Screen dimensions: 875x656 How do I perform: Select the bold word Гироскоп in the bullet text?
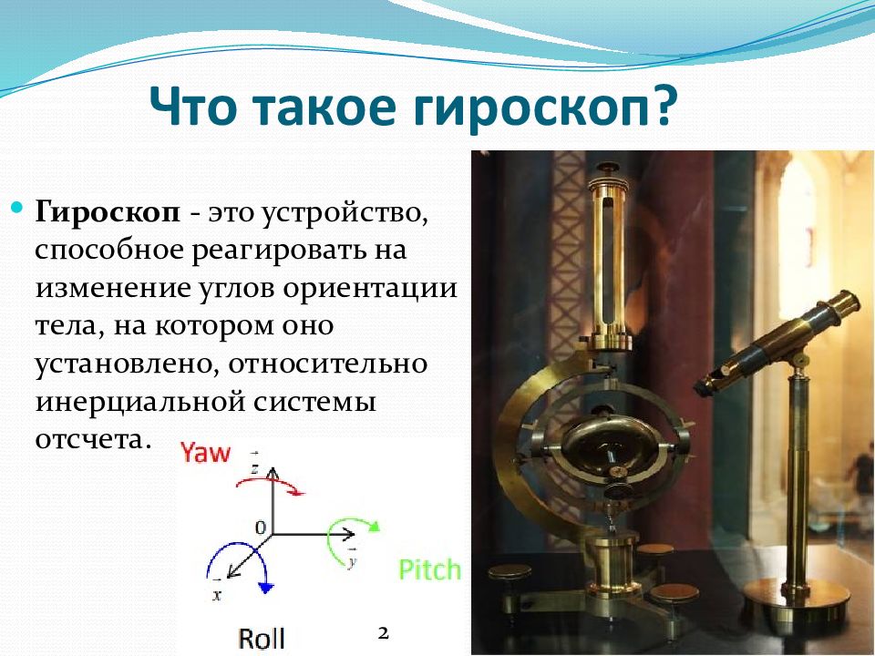(x=108, y=213)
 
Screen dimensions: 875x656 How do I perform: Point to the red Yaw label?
(x=205, y=453)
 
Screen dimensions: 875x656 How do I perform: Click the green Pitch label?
(x=429, y=569)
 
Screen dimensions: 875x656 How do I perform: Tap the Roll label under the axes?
(x=262, y=638)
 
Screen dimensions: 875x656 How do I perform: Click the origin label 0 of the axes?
(x=261, y=527)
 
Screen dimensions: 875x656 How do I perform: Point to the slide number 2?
(x=383, y=633)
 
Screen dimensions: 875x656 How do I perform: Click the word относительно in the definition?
(x=328, y=364)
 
